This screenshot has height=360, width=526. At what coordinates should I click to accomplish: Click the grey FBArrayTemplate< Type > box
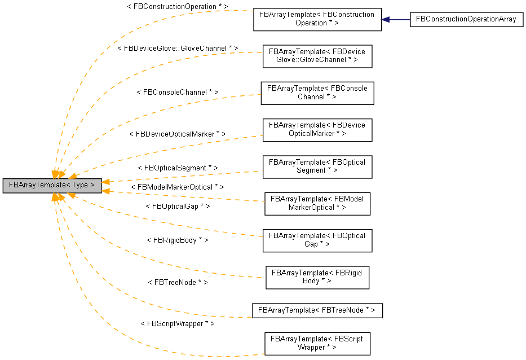[52, 185]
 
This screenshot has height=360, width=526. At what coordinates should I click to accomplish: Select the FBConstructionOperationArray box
[466, 19]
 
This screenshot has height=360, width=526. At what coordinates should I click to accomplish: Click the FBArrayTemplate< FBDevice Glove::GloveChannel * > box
[317, 56]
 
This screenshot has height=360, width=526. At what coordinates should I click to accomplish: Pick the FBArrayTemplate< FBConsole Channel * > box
[317, 93]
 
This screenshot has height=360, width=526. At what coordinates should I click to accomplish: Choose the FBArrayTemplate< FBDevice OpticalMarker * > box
[317, 130]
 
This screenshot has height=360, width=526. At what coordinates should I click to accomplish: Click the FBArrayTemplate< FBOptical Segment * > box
[317, 166]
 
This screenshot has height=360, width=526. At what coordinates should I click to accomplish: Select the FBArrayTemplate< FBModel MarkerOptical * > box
[317, 203]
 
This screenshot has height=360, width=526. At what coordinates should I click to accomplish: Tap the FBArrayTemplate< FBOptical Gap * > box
[317, 240]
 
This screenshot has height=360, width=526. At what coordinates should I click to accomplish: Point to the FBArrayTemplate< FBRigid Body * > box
[317, 276]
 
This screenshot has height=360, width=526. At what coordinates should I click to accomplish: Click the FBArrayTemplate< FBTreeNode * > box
[317, 310]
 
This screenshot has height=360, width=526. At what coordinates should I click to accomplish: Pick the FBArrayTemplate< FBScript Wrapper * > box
[317, 343]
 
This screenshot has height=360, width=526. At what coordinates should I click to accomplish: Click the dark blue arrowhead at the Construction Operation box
[386, 19]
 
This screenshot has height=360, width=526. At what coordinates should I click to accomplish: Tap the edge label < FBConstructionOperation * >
[178, 6]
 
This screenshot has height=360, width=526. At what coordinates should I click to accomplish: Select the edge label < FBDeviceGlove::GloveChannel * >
[178, 49]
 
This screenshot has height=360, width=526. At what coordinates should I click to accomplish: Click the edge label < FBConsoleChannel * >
[178, 91]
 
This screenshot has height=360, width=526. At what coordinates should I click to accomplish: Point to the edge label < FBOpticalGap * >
[178, 207]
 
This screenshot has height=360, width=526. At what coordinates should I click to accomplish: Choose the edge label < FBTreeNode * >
[178, 282]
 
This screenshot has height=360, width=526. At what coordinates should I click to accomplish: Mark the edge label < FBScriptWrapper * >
[178, 324]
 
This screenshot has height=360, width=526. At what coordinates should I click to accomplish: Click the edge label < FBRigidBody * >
[178, 240]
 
